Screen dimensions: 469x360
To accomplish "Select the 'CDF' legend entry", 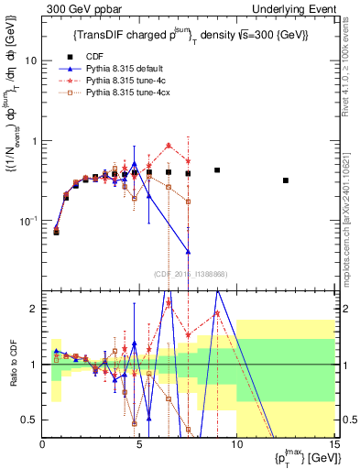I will click(x=94, y=56).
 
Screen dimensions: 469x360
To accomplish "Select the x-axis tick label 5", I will click(x=139, y=446).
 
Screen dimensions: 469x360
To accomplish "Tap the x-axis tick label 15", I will click(x=333, y=446).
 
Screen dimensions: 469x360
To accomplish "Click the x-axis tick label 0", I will click(x=43, y=446).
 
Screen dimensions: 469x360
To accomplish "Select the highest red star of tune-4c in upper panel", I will click(x=169, y=145).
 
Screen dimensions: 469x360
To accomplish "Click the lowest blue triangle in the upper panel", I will click(x=188, y=252).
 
